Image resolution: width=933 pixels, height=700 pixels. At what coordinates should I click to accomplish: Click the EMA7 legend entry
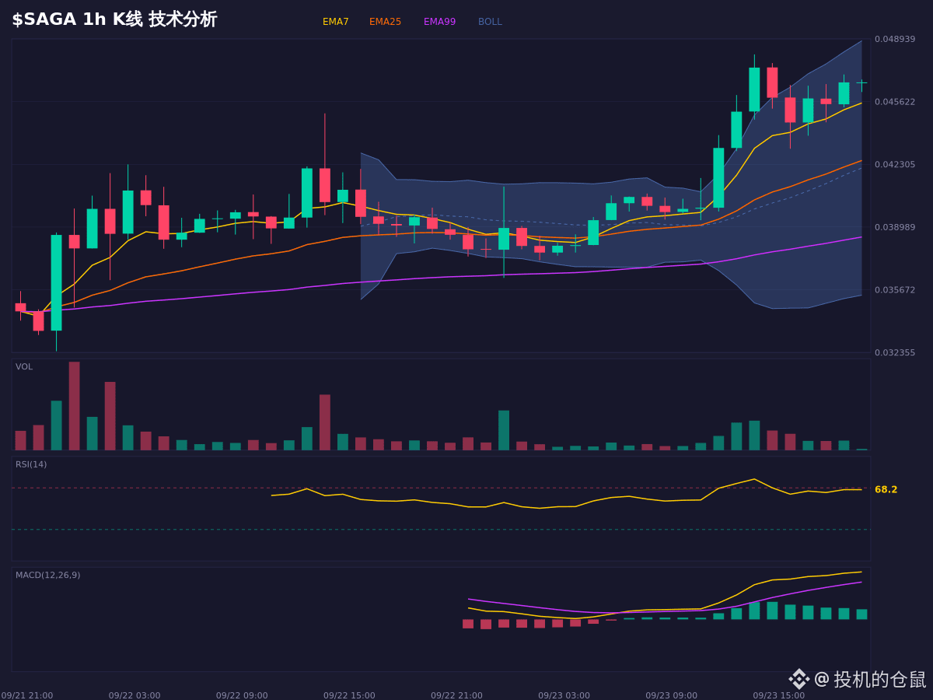point(335,22)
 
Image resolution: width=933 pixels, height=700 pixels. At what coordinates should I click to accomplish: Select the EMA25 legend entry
point(385,22)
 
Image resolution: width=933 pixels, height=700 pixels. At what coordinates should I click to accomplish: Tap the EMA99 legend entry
point(439,22)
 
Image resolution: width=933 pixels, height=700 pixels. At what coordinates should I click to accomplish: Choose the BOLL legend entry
point(490,22)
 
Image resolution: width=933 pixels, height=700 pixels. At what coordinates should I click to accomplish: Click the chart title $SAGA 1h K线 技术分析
point(115,19)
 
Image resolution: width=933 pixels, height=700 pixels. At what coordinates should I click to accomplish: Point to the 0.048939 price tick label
point(895,39)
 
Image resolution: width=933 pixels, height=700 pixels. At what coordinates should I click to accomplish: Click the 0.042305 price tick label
point(895,164)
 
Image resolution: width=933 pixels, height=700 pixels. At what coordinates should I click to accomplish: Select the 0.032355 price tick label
point(895,352)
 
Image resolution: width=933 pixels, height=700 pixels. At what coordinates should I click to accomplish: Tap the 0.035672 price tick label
point(895,290)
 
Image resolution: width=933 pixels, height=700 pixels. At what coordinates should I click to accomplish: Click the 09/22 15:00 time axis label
point(349,695)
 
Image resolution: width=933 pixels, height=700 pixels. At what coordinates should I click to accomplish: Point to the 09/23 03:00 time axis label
point(564,695)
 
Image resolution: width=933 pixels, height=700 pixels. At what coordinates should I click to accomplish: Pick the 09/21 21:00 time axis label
point(27,695)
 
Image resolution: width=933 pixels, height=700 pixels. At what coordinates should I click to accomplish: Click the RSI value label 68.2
point(886,490)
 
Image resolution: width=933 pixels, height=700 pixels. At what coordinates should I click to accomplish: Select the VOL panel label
point(24,367)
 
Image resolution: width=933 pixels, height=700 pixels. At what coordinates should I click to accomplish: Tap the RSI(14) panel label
point(31,464)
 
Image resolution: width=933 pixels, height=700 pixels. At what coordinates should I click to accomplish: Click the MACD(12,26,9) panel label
point(48,575)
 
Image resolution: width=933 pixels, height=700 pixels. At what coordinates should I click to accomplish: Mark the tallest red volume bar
point(75,406)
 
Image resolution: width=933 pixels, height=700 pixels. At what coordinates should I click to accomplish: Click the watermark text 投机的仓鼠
point(879,679)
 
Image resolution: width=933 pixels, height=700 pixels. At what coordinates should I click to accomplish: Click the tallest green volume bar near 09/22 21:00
point(504,430)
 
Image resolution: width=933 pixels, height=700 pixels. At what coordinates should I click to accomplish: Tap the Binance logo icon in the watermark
point(799,679)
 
